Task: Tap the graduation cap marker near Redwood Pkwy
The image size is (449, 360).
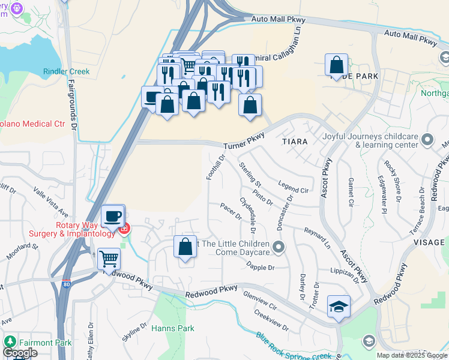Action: coord(339,307)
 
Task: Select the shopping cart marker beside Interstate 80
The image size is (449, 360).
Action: coord(109,259)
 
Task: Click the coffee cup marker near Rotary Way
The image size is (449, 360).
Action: coord(112,216)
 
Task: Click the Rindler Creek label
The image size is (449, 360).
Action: coord(66,71)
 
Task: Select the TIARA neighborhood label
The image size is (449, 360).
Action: coord(294,142)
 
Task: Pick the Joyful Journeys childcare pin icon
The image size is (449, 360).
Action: coord(427,140)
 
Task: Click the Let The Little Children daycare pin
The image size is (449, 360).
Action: coord(278,247)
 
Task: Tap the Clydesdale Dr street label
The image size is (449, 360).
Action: coord(248,216)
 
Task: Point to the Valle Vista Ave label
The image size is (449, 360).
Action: coord(50,201)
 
